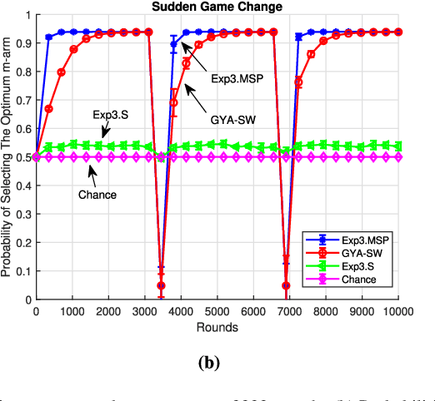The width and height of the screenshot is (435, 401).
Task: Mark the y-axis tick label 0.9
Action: pos(22,44)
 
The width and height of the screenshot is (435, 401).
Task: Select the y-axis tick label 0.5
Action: pos(22,157)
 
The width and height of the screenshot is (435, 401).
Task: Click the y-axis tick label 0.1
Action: pos(22,271)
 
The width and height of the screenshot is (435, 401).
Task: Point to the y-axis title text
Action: pos(8,157)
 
